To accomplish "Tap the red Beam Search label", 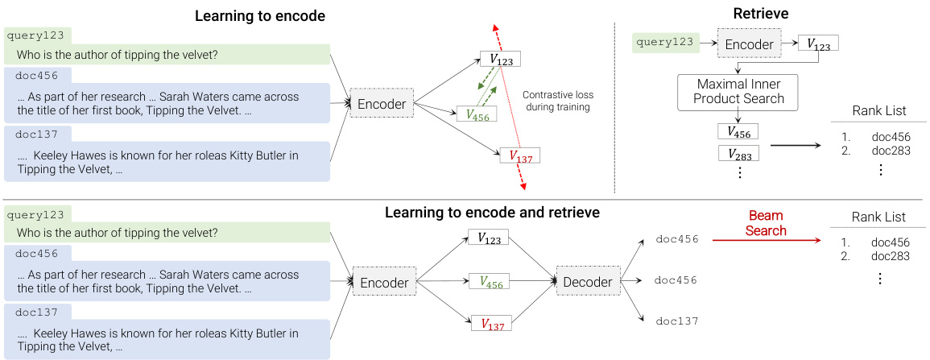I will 767,223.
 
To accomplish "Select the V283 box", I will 738,153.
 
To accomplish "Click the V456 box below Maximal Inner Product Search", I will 738,130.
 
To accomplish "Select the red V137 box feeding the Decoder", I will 490,324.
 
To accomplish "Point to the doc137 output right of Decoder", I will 677,321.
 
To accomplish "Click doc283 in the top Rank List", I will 891,151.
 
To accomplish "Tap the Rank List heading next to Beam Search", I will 878,217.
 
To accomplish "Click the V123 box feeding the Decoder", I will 490,238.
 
